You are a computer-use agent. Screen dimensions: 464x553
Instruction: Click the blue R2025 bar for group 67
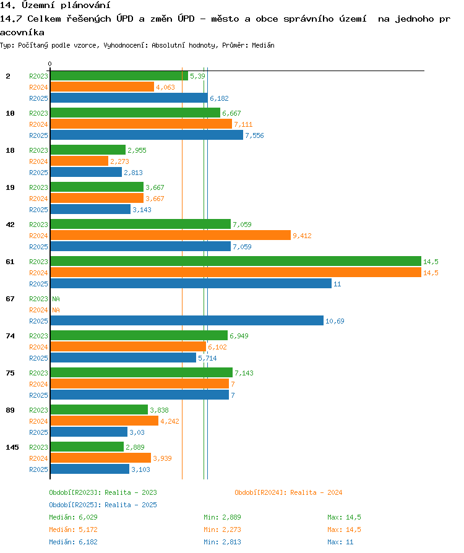187,320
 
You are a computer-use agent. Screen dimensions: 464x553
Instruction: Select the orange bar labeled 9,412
170,235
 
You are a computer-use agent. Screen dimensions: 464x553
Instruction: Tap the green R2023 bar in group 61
236,261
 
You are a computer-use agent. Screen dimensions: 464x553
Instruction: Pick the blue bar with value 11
191,283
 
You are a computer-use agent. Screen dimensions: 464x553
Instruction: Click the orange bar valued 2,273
79,161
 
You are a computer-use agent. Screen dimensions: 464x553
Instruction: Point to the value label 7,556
254,135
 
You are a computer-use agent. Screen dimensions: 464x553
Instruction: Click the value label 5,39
197,76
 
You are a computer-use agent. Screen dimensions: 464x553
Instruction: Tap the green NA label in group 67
56,299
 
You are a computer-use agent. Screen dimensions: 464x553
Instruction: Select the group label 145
12,447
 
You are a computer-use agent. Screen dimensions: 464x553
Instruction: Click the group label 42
11,225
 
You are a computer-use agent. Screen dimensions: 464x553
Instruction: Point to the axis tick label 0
49,64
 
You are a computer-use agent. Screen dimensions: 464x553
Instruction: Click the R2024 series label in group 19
38,199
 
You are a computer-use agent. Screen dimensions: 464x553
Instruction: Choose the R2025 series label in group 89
38,432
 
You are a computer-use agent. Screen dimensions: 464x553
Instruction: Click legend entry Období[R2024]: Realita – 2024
288,492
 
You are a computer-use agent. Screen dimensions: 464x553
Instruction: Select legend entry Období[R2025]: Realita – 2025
103,505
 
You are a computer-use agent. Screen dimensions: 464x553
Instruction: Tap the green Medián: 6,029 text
73,517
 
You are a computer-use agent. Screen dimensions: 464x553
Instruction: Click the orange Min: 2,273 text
222,529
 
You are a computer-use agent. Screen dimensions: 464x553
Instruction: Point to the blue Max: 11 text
340,542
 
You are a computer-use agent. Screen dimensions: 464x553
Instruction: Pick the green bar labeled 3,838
99,410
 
